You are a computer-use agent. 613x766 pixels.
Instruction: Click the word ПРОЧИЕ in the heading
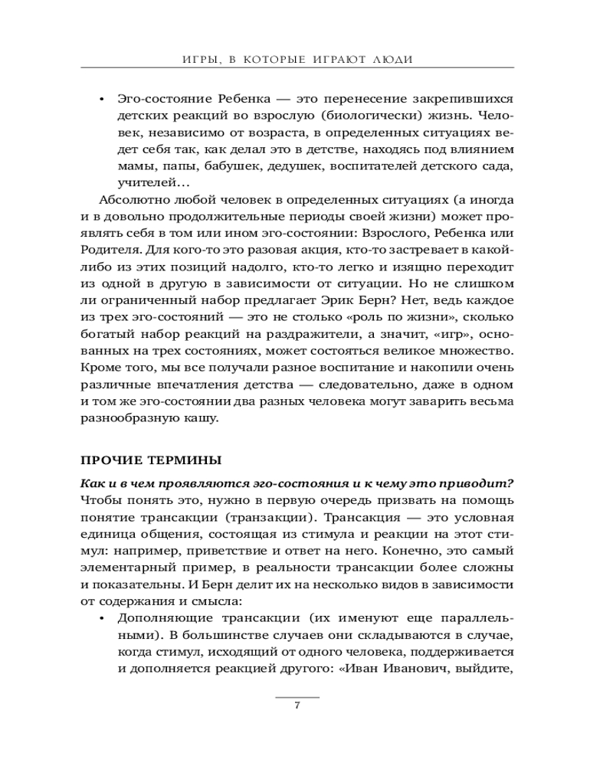(109, 460)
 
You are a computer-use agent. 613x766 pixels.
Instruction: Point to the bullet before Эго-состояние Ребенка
(102, 101)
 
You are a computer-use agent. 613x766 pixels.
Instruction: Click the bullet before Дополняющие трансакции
(102, 617)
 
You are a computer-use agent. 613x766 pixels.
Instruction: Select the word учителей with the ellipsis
(147, 185)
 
